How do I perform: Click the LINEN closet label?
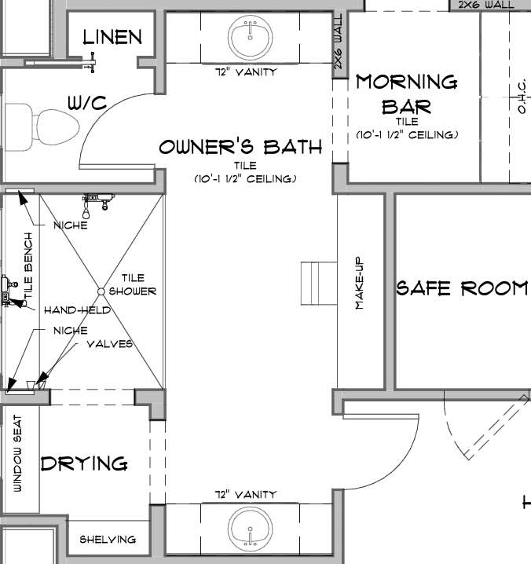click(112, 38)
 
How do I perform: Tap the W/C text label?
click(87, 103)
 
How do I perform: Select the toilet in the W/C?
click(42, 127)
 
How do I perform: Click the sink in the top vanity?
click(250, 37)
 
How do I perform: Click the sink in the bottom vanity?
click(250, 529)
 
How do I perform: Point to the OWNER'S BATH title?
click(240, 147)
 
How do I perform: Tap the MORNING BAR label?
click(407, 94)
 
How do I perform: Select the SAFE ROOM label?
click(462, 288)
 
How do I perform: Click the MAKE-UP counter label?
click(360, 283)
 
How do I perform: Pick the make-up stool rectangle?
click(319, 284)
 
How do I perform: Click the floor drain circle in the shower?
click(101, 291)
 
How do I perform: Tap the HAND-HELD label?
click(77, 310)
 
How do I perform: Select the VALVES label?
click(110, 344)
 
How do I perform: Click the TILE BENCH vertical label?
click(28, 265)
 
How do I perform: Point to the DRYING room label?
click(84, 463)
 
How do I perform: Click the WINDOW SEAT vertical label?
click(17, 453)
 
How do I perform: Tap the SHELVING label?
click(108, 540)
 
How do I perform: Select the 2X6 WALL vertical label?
click(339, 42)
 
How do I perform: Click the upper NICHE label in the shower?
click(71, 225)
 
